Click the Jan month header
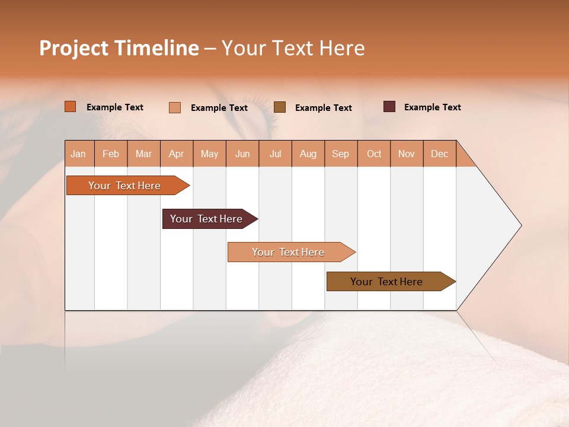point(78,154)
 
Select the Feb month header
point(111,154)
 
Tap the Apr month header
point(176,154)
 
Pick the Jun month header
point(242,154)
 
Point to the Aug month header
point(308,154)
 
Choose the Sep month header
point(340,154)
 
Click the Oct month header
point(374,154)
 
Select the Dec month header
point(439,154)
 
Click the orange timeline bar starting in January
point(124,186)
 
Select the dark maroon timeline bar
point(206,219)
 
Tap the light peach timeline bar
point(288,252)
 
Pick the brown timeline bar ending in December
point(386,282)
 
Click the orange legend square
point(71,107)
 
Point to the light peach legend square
point(175,107)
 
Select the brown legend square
point(280,107)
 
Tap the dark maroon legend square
point(389,107)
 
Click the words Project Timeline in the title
point(119,48)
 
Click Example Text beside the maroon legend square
point(432,107)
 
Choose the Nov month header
point(406,154)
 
